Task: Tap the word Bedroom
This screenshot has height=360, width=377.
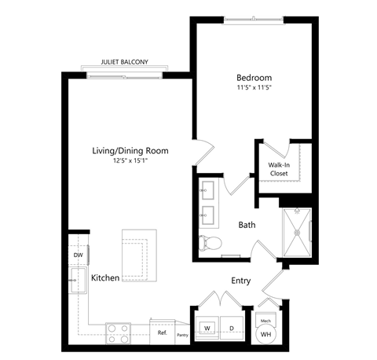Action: click(x=254, y=78)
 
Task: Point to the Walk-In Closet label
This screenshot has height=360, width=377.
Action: click(x=280, y=169)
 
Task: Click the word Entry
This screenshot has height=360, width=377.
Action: click(x=241, y=281)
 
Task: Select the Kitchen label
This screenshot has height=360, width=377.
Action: click(x=105, y=278)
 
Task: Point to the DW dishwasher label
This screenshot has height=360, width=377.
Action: click(x=78, y=255)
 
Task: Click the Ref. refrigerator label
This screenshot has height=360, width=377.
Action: click(x=163, y=332)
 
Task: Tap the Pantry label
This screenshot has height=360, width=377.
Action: click(x=182, y=335)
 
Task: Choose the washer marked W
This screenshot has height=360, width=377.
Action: click(x=208, y=328)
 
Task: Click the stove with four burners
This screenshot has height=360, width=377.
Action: click(x=119, y=330)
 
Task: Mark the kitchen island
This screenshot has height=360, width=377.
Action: click(x=137, y=252)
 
